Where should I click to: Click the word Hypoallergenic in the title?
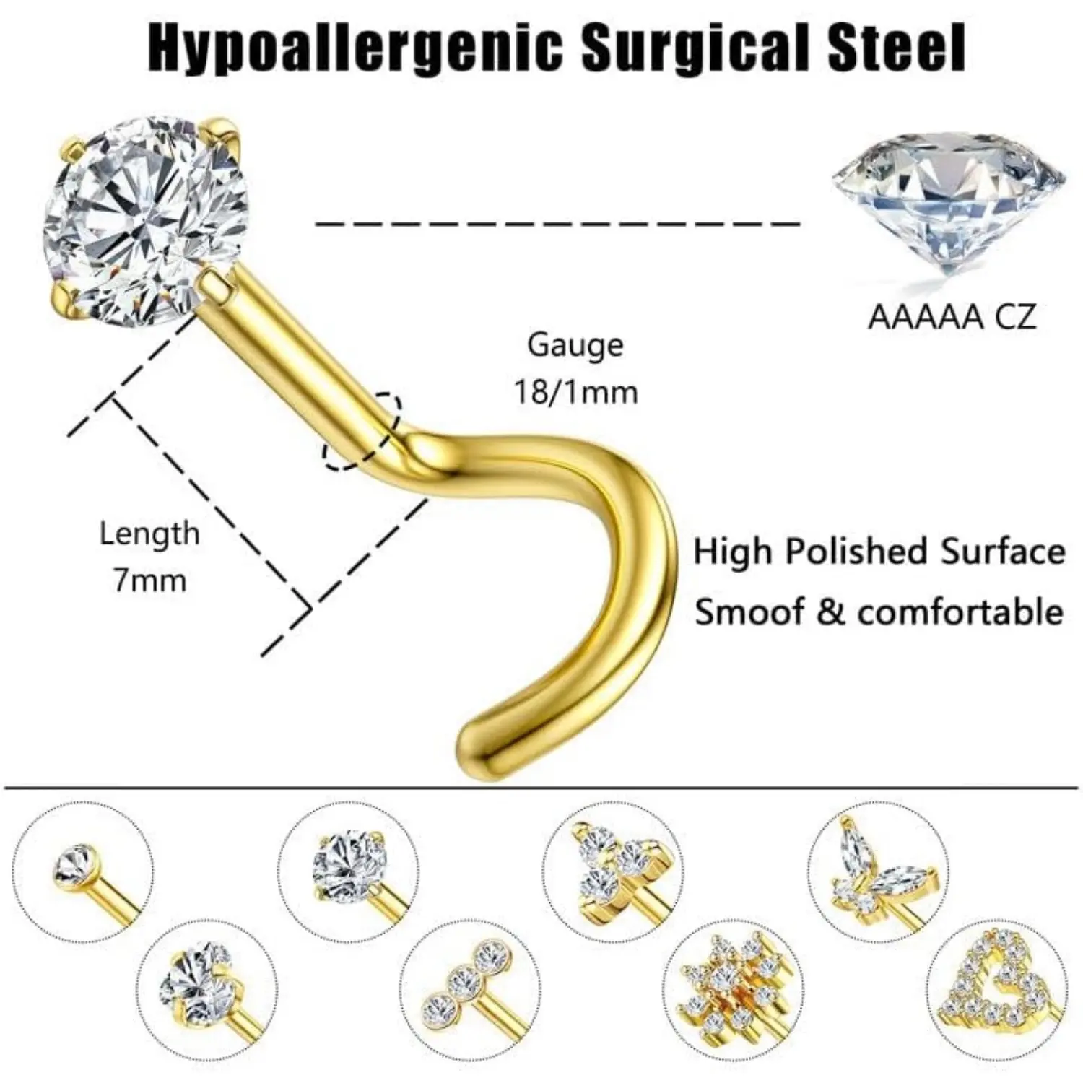pyautogui.click(x=355, y=48)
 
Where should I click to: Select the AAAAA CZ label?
pyautogui.click(x=952, y=317)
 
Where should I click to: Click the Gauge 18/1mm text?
pyautogui.click(x=575, y=368)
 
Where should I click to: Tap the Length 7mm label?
pyautogui.click(x=149, y=557)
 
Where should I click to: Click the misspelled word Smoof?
pyautogui.click(x=748, y=612)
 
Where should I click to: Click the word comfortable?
pyautogui.click(x=960, y=612)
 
